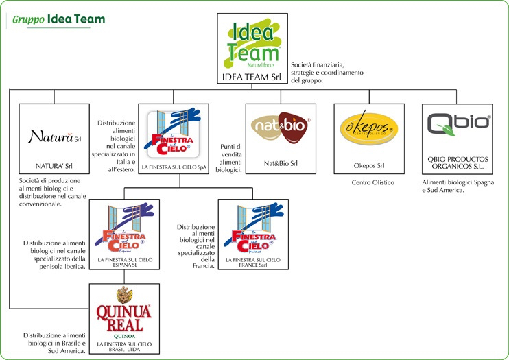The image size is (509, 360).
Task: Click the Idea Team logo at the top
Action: (253, 41)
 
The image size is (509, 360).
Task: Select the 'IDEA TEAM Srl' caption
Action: (253, 76)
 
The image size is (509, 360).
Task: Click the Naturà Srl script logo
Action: (54, 136)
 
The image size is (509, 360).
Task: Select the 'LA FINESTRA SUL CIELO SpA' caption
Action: (174, 167)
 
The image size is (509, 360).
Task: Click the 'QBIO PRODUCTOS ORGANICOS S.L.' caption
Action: (458, 160)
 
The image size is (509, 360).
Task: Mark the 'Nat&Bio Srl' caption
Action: (281, 165)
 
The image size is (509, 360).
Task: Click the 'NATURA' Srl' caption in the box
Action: (54, 165)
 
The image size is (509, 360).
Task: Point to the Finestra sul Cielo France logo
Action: (251, 231)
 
